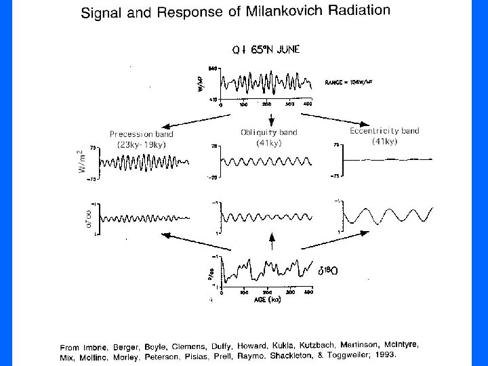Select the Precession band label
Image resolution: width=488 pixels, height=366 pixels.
coord(141,134)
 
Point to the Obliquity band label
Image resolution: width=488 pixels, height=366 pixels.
coord(268,131)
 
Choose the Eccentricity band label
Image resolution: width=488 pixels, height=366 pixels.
coord(385,131)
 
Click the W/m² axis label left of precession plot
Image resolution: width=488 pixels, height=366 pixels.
coord(84,163)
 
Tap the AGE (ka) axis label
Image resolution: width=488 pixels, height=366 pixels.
coord(265,300)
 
